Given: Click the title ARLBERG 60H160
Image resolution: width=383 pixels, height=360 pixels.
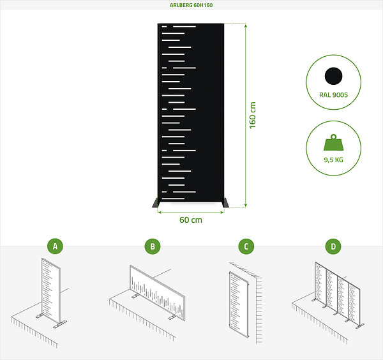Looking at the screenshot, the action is [191, 5].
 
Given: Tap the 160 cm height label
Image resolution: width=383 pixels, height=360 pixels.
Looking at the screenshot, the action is [253, 116].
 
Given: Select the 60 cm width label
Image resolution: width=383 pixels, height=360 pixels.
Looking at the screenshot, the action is [191, 220].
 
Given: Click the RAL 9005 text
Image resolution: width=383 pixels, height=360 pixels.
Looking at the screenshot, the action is [333, 94].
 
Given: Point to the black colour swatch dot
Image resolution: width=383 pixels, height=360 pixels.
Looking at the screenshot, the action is [333, 76].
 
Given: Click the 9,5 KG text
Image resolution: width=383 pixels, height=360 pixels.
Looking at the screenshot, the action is [333, 160].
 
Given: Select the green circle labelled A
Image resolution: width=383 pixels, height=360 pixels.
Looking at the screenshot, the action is [55, 246].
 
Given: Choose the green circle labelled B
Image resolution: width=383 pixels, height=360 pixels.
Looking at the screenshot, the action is [153, 246].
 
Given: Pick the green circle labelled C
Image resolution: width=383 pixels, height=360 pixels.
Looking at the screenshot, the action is [246, 246].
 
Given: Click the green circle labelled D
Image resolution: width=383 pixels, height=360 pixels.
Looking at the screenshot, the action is [333, 246].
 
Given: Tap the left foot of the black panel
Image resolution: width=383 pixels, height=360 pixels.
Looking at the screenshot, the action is [155, 203].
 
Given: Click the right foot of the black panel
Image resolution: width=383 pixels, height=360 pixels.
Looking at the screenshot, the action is [226, 203].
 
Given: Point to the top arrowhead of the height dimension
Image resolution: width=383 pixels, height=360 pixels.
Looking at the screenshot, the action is [246, 26].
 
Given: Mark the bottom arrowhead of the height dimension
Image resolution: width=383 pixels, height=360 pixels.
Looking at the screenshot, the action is [246, 206].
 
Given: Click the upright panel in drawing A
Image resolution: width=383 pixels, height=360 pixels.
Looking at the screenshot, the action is [51, 290].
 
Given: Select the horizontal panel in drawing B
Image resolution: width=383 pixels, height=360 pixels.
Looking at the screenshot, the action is [157, 292].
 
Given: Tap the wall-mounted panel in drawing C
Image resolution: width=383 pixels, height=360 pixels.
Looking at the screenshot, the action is [239, 304].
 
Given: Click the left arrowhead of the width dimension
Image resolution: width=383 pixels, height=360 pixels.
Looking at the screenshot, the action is [160, 213].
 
